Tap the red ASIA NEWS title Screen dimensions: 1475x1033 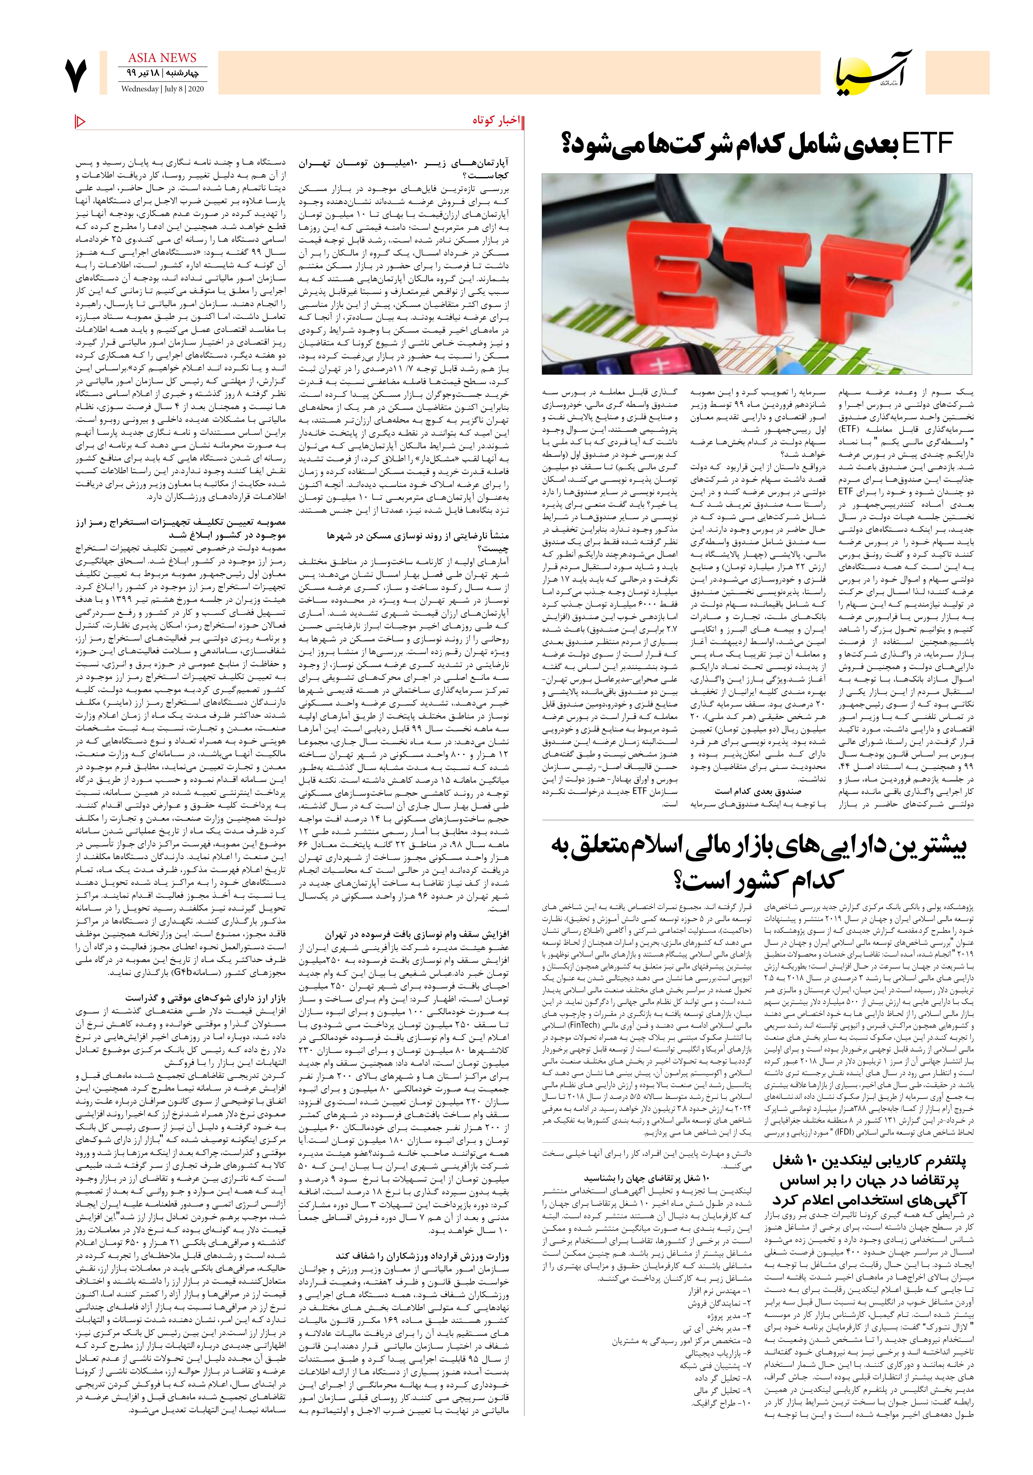162,58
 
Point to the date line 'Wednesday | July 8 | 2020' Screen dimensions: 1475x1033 162,89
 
